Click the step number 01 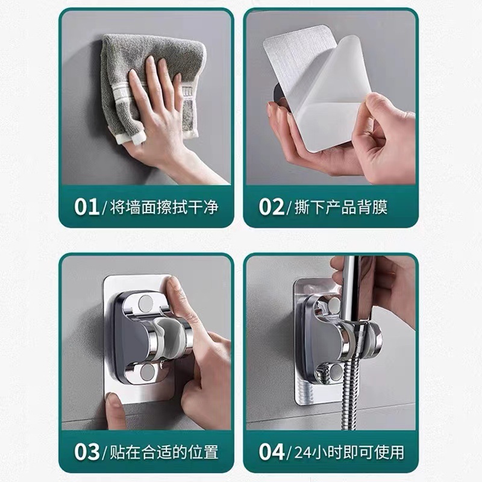coord(86,207)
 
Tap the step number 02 coord(272,207)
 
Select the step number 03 coord(86,450)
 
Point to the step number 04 coord(272,450)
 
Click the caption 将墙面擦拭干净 coord(163,207)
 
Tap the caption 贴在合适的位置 coord(163,451)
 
